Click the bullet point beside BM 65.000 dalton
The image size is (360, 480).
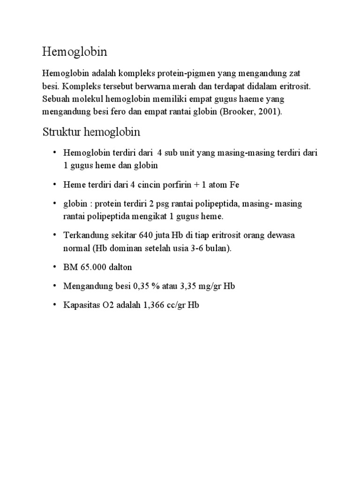point(54,267)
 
